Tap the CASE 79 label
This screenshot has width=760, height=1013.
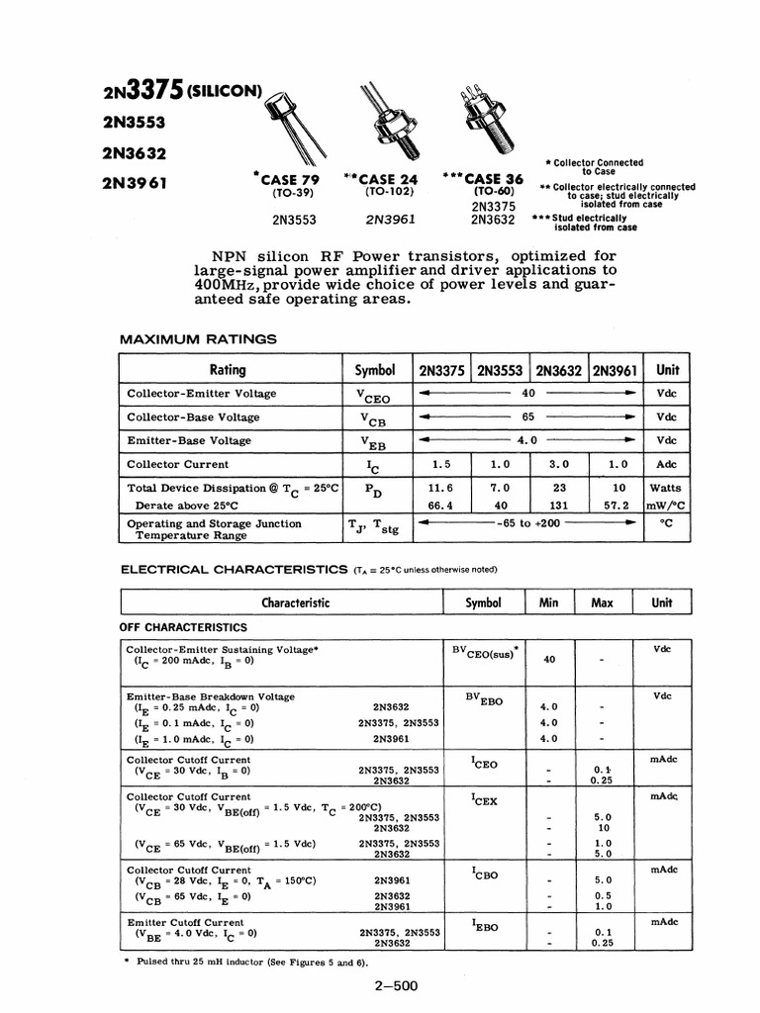coord(292,179)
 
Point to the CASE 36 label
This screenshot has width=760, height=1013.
coord(490,179)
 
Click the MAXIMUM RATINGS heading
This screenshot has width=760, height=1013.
coord(198,339)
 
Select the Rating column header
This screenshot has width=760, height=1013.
coord(227,370)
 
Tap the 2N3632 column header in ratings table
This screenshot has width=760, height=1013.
coord(560,370)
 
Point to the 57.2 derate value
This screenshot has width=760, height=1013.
coord(617,505)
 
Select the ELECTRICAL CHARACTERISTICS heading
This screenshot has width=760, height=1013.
coord(236,570)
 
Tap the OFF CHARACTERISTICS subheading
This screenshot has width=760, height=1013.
coord(183,627)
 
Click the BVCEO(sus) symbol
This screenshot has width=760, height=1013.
coord(485,652)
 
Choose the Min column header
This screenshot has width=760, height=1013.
coord(548,602)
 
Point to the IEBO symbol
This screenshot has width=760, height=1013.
coord(484,926)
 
